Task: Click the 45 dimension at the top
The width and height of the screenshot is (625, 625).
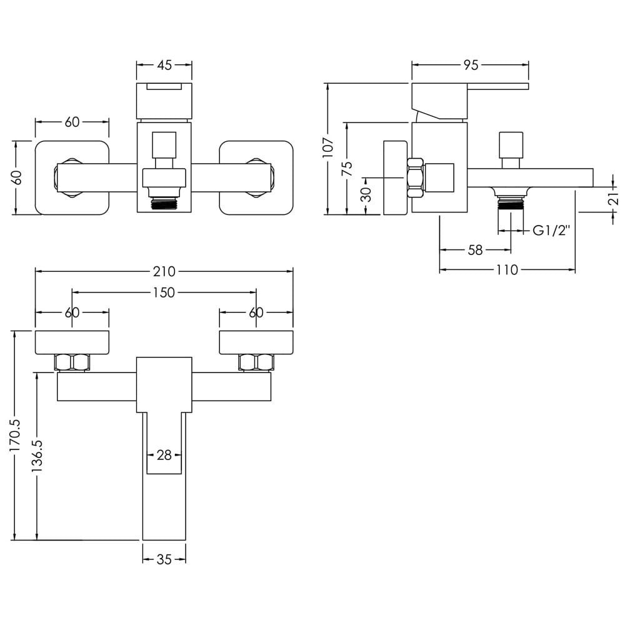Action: (164, 65)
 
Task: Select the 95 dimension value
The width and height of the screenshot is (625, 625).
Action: (471, 65)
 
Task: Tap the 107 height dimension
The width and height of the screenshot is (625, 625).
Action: (328, 147)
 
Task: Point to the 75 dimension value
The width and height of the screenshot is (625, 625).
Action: (347, 169)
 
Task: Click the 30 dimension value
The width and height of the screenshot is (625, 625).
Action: (366, 194)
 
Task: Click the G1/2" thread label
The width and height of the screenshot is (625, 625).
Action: (551, 231)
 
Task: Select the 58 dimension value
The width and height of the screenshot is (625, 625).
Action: (475, 250)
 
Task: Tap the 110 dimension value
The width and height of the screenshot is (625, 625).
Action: (507, 270)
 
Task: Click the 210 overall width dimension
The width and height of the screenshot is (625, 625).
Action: (164, 271)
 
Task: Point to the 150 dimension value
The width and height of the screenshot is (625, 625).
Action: (164, 292)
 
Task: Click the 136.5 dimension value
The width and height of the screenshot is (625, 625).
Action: (38, 456)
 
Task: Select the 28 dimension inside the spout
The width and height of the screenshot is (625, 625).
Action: (164, 455)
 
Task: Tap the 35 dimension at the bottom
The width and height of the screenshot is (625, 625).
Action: (164, 559)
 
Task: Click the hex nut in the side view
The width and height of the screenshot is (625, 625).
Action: (415, 177)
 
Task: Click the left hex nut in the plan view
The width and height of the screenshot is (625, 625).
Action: (72, 362)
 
